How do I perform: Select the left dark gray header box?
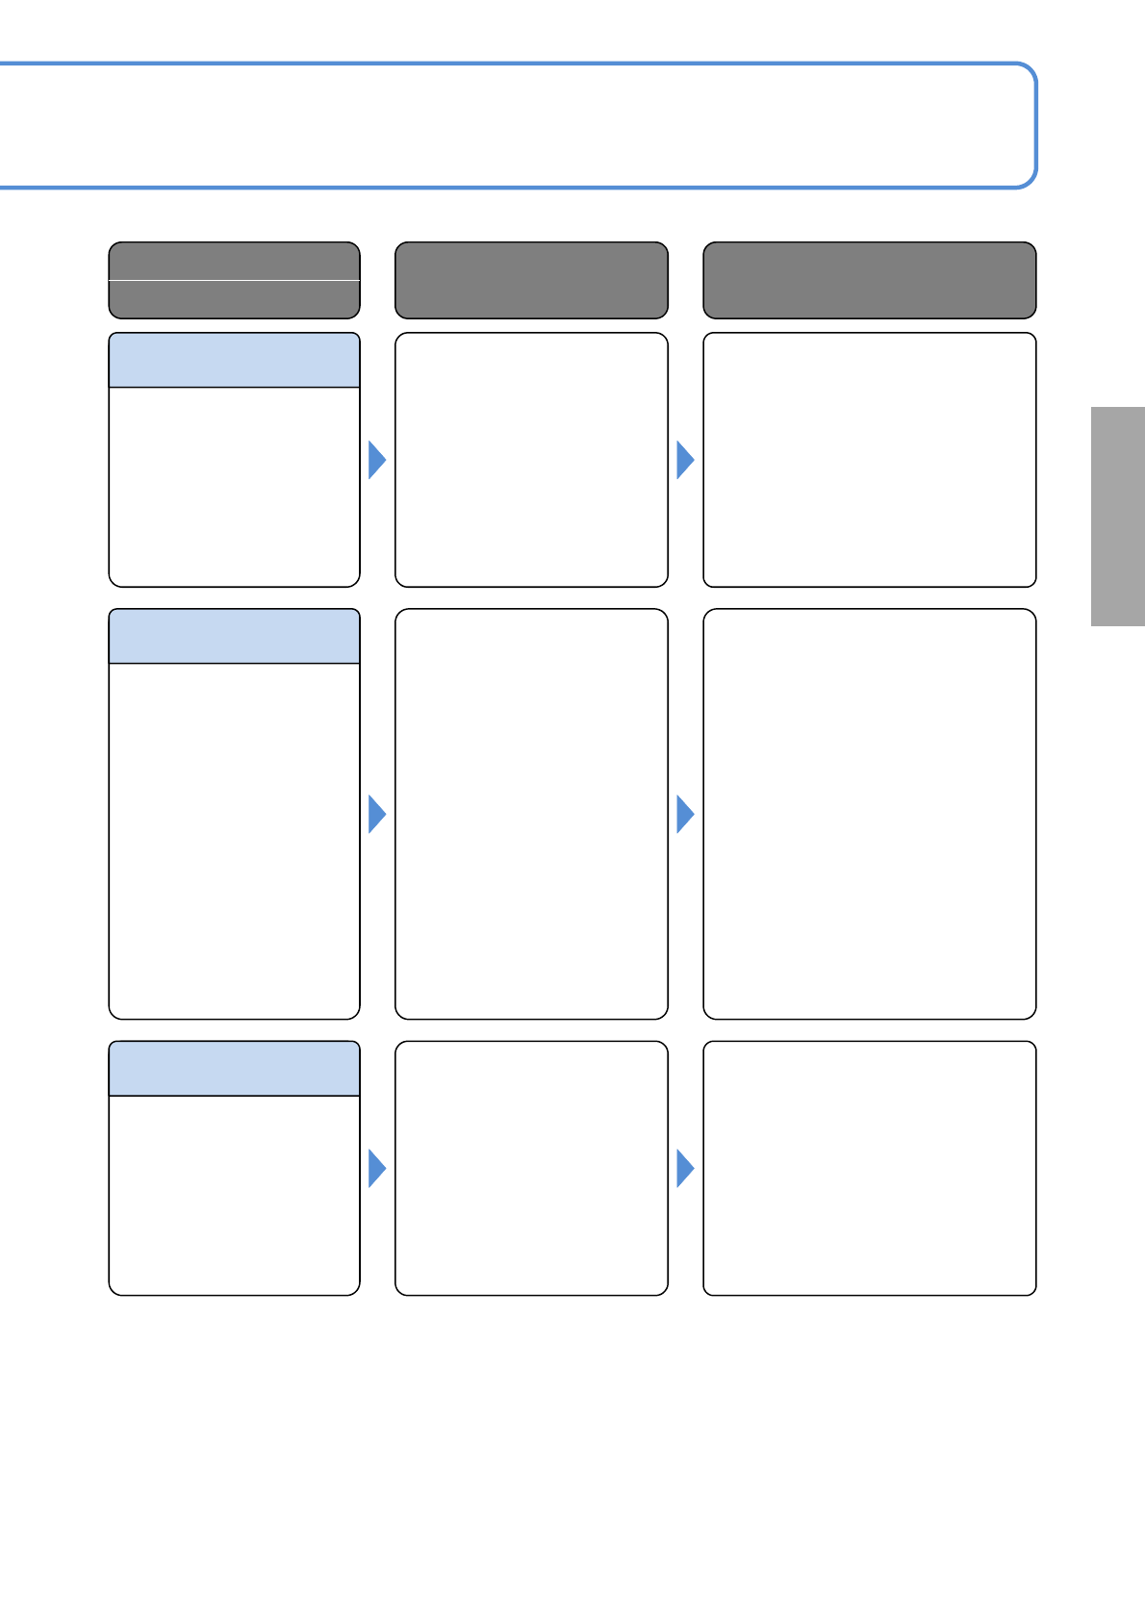pos(234,280)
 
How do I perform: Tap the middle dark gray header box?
pos(531,280)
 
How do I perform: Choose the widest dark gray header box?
pos(869,280)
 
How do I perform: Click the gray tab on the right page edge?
pos(1117,517)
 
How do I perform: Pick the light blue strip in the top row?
pos(234,361)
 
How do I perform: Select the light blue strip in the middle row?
pos(234,636)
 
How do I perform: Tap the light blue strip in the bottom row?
pos(234,1069)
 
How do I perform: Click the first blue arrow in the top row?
pos(377,460)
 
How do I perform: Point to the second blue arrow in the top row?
pos(685,460)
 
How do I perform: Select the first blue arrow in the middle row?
pos(377,815)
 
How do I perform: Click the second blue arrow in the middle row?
pos(685,815)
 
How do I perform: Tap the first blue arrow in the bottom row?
pos(377,1169)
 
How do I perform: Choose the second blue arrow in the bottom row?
pos(685,1169)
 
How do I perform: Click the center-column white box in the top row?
pos(531,460)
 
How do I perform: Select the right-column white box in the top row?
pos(869,460)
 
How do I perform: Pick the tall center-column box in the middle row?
pos(531,814)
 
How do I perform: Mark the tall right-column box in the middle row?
pos(869,814)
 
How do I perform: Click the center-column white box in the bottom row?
pos(531,1168)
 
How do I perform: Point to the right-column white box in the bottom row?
pos(869,1168)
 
